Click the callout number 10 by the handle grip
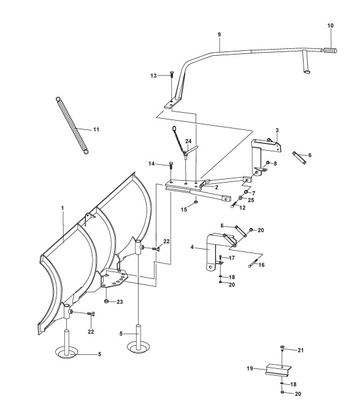(331, 26)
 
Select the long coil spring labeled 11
(72, 126)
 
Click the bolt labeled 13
(172, 74)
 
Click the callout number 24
(188, 141)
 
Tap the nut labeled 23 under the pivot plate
(106, 302)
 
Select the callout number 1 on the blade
(63, 208)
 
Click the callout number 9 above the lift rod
(219, 34)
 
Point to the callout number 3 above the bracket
(277, 130)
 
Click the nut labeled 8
(267, 163)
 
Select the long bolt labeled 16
(253, 262)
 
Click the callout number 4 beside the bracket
(192, 247)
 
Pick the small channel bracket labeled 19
(278, 370)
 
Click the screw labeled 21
(282, 348)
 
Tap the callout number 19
(250, 368)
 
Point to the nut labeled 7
(246, 192)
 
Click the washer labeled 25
(240, 197)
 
